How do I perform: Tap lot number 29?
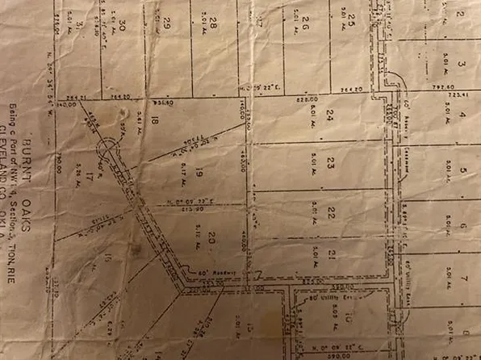(x=167, y=24)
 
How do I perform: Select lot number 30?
(x=122, y=27)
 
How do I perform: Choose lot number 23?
(x=330, y=164)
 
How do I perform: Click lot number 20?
(x=211, y=237)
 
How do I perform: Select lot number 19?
(x=199, y=172)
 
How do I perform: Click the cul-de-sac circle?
(x=107, y=150)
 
